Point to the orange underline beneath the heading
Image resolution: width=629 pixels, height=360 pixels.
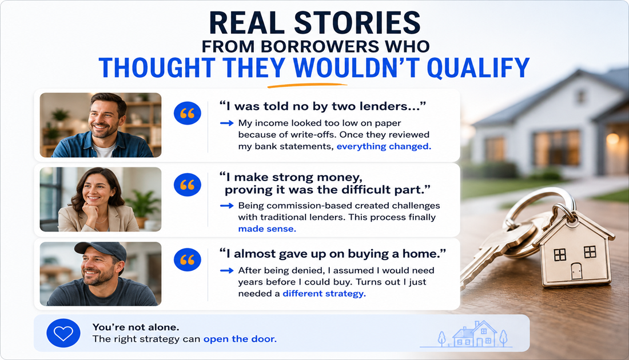[x=307, y=85]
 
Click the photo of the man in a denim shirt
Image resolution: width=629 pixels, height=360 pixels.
[x=101, y=125]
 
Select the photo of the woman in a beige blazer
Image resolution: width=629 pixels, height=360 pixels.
[x=101, y=199]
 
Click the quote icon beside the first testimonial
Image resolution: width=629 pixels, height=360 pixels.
[x=188, y=114]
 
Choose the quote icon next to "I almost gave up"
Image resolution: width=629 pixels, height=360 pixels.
[x=188, y=259]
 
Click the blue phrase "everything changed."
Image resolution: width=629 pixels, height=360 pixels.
[x=384, y=146]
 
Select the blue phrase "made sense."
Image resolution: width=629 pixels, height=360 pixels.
[x=267, y=229]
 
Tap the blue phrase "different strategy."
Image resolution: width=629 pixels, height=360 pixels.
[x=324, y=294]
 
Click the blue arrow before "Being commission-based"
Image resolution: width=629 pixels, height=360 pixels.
[x=226, y=206]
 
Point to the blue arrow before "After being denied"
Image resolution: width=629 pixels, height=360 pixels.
[x=226, y=271]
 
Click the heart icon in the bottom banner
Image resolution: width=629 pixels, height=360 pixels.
[x=63, y=333]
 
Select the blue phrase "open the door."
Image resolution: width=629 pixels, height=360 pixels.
[x=240, y=339]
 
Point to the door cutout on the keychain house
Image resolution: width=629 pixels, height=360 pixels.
[x=576, y=271]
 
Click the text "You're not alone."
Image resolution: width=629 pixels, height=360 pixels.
[x=136, y=327]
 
